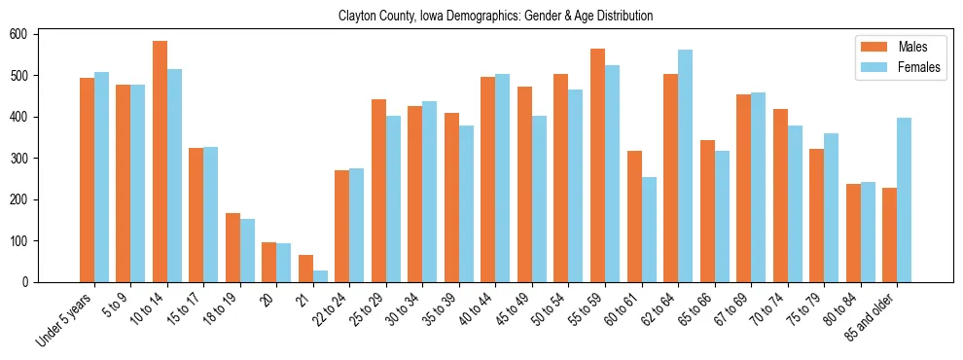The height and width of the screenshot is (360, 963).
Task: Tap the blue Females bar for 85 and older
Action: coord(904,199)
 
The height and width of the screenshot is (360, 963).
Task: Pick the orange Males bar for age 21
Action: coord(305,269)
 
